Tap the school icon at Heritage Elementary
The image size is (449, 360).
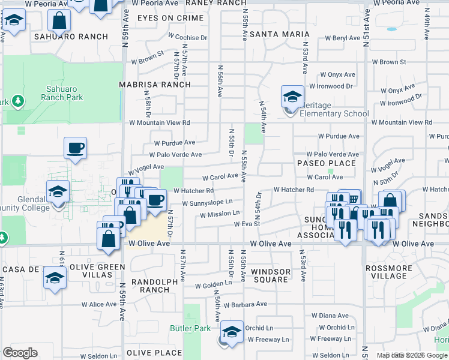click(292, 96)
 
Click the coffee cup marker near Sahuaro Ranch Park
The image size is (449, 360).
click(76, 148)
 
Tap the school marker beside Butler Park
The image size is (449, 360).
click(231, 332)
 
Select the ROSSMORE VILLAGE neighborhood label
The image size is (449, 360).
click(389, 272)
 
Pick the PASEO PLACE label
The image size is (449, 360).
click(327, 163)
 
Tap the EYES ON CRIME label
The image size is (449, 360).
click(170, 18)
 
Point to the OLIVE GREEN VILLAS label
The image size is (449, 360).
click(97, 271)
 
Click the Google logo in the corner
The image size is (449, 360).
click(20, 353)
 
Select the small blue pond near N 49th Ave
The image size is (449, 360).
click(392, 29)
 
